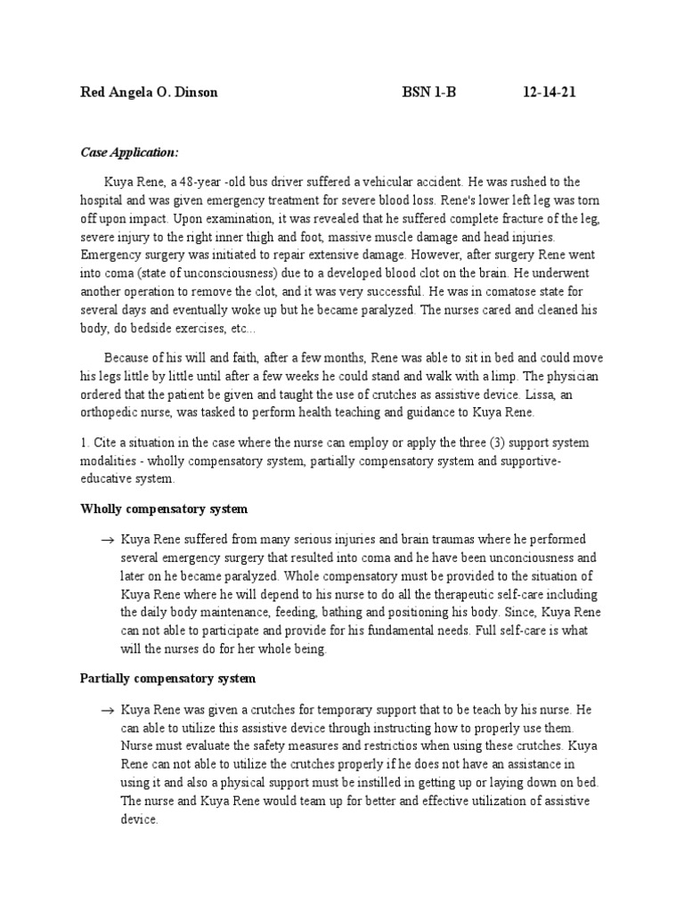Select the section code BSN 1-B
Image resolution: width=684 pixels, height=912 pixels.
click(x=428, y=93)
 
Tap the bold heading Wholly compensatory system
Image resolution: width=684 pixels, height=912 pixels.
click(x=164, y=509)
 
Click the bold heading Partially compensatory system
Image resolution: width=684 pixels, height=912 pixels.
click(x=167, y=679)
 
